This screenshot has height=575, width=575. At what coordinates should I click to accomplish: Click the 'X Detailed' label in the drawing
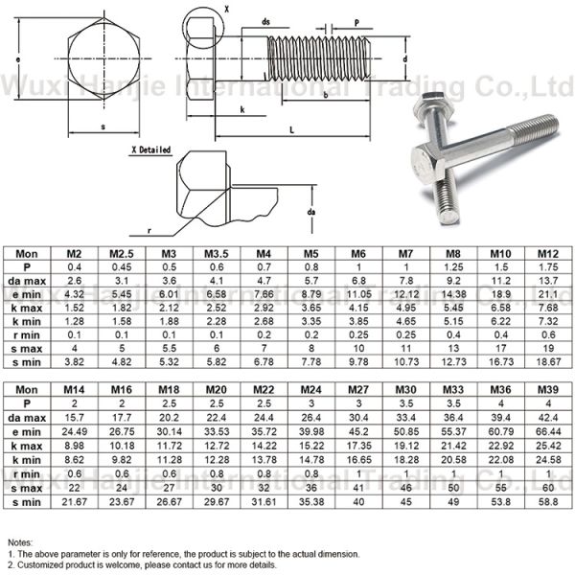[x=150, y=150]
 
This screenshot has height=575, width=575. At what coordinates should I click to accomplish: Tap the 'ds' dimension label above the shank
[x=265, y=20]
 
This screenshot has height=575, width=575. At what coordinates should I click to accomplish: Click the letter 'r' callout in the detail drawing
[x=149, y=231]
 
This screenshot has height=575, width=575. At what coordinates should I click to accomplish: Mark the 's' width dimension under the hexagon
[x=103, y=126]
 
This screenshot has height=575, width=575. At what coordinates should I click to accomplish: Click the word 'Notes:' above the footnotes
[x=21, y=542]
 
